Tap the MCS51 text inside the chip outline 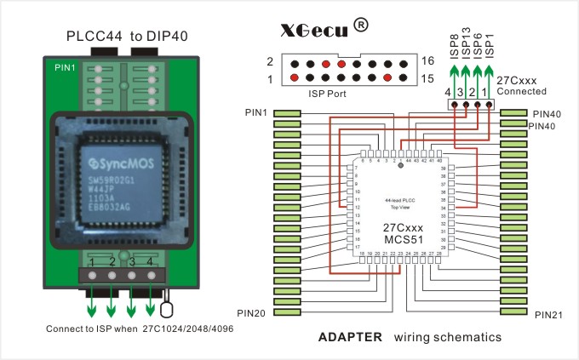[403, 240]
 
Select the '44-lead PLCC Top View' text [400, 203]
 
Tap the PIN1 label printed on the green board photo [65, 66]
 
